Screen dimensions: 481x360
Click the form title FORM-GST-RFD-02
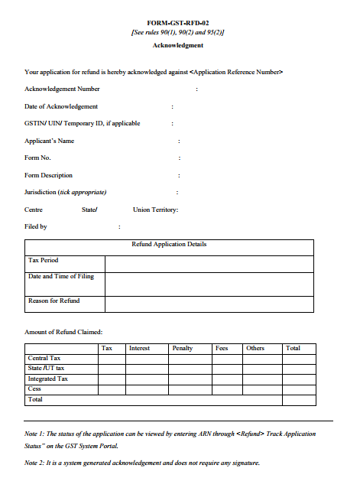tap(177, 24)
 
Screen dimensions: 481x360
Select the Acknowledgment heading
tap(177, 46)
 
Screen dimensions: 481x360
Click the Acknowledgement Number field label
tap(62, 89)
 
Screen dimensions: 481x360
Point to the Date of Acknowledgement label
tap(61, 106)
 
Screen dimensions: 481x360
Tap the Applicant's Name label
tap(50, 141)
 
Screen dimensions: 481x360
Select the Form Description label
tap(49, 175)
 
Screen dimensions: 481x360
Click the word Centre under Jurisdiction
tap(34, 210)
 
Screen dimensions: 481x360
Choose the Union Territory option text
tap(155, 210)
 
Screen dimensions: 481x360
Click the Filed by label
tap(36, 226)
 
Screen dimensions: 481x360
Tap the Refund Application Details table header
tap(169, 245)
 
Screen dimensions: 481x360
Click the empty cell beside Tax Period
tap(209, 264)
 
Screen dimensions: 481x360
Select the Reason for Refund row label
tap(54, 301)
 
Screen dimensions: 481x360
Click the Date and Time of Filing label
tap(60, 276)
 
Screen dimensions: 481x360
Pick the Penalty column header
tap(183, 348)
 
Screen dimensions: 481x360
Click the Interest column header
tap(139, 348)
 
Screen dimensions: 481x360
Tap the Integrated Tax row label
tap(48, 379)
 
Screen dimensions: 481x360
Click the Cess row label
tap(34, 388)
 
